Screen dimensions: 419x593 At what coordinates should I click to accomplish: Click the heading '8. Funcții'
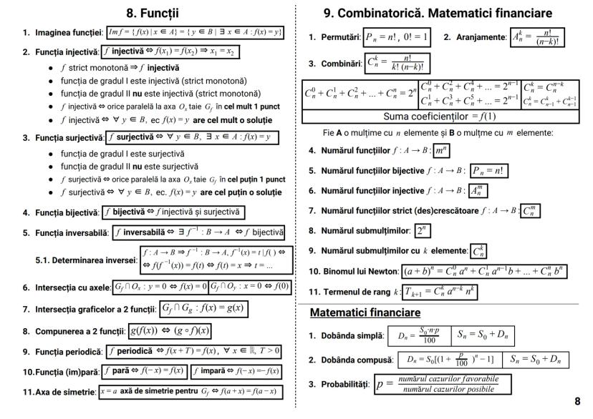coord(152,13)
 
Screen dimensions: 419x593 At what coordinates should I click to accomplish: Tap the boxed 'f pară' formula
coord(145,372)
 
